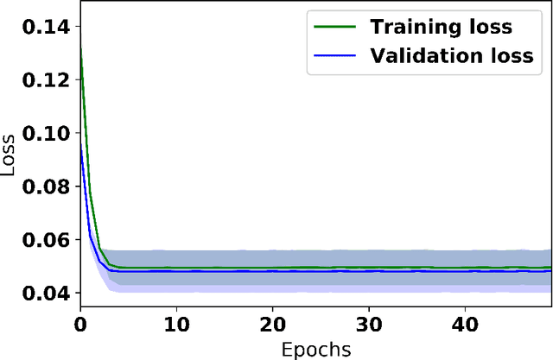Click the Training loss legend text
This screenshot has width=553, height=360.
point(441,27)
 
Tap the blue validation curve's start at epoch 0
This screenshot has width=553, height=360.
point(80,145)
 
